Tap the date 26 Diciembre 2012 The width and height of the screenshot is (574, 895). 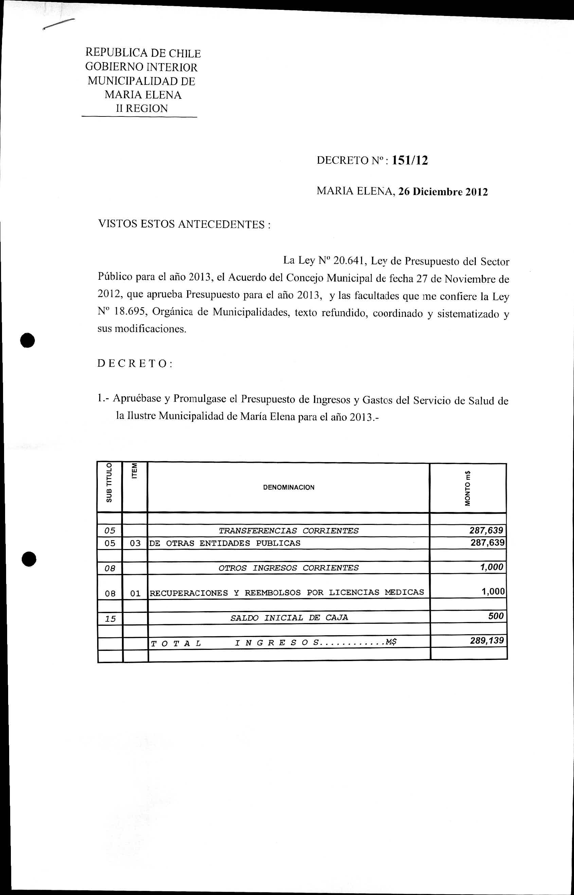coord(443,192)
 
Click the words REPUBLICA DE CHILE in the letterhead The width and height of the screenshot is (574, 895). coord(143,54)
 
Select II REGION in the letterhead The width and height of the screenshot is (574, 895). coord(142,108)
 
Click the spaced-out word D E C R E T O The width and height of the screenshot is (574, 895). coord(134,364)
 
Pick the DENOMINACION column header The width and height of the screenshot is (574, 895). coord(288,487)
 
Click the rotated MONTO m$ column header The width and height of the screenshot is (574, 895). coord(467,489)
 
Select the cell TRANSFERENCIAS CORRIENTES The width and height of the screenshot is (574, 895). coord(288,531)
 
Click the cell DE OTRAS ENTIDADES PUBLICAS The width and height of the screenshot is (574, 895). coord(225,543)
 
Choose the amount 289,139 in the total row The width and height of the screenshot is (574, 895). coord(487,640)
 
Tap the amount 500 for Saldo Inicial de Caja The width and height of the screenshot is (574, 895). coord(496,616)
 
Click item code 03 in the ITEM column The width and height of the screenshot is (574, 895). coord(135,543)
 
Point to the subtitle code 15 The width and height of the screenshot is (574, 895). coord(110,619)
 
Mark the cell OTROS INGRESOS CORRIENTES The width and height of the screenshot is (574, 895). coord(288,568)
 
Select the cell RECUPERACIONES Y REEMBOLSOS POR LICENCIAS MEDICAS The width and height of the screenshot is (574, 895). coord(287,592)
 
